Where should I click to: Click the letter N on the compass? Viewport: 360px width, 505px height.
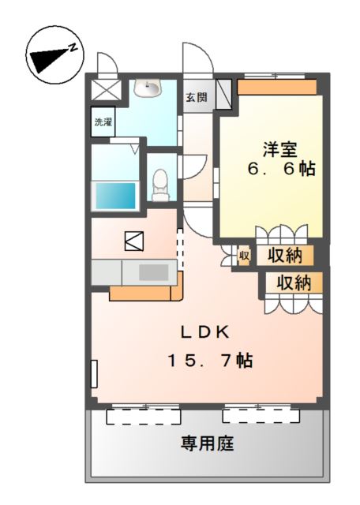pos(73,47)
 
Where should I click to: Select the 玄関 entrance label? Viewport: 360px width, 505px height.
pos(197,97)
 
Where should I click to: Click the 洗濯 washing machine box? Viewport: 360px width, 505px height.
pos(103,122)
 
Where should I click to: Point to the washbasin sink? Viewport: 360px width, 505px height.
pos(148,88)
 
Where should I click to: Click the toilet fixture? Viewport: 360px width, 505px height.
pos(160,185)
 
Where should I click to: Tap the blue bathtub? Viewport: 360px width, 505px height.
pos(115,196)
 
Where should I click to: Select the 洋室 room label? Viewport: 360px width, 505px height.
pos(279,149)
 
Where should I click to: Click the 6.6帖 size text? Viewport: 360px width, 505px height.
pos(281,168)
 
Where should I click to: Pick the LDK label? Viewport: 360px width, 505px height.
pos(205,332)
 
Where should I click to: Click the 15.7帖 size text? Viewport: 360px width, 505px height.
pos(210,361)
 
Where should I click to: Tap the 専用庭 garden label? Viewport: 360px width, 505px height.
pos(207,443)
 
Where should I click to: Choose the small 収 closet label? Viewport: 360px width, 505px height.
pos(244,256)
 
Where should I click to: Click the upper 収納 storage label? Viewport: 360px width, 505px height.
pos(285,256)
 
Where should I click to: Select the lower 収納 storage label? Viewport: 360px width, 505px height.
pos(294,283)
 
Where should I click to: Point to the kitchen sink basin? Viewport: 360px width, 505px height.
pos(154,272)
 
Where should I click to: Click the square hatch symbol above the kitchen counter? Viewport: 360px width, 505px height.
pos(134,241)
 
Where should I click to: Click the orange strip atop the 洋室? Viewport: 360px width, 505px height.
pos(277,87)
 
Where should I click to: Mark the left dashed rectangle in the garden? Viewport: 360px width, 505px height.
pos(144,417)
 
